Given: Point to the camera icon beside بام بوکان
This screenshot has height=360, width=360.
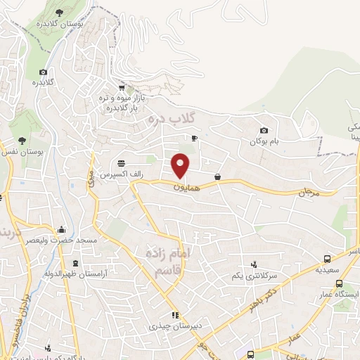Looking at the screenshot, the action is (264, 130).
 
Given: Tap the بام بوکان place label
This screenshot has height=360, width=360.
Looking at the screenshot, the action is (264, 141).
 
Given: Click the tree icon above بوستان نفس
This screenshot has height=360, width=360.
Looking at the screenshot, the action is (22, 140).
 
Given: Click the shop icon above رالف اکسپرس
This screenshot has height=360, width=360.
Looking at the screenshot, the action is (122, 160).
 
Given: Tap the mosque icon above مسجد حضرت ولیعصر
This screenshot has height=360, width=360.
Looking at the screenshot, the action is (62, 229).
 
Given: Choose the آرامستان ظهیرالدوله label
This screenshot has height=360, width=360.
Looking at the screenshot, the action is (46, 272).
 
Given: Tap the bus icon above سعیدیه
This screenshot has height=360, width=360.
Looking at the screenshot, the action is (325, 258).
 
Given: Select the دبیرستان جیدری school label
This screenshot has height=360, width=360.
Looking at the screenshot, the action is (169, 327).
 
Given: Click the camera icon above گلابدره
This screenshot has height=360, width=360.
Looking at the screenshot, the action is (43, 72).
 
